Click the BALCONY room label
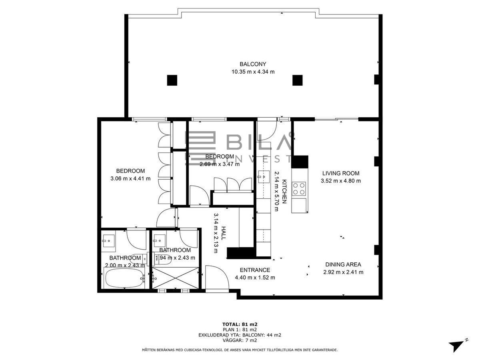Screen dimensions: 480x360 pos(253,64)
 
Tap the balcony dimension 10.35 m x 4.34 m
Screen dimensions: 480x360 pos(253,72)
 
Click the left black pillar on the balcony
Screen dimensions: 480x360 pos(172,80)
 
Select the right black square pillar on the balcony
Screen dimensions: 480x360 pos(298,80)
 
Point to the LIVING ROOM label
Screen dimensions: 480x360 pos(341,173)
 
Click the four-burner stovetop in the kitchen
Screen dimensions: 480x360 pos(299,189)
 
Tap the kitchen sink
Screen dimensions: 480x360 pos(264,176)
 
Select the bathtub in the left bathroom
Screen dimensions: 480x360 pos(125,278)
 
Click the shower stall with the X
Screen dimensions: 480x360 pos(175,278)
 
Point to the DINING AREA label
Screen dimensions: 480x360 pos(343,264)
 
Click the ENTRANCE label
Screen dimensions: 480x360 pos(255,270)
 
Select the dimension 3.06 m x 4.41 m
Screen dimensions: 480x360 pos(130,178)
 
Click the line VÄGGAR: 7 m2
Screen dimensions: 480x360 pos(240,340)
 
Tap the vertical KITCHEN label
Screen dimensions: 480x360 pos(284,192)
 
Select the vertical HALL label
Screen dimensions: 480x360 pos(223,233)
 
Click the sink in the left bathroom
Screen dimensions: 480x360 pos(108,241)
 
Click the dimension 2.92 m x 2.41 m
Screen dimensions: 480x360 pos(343,272)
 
